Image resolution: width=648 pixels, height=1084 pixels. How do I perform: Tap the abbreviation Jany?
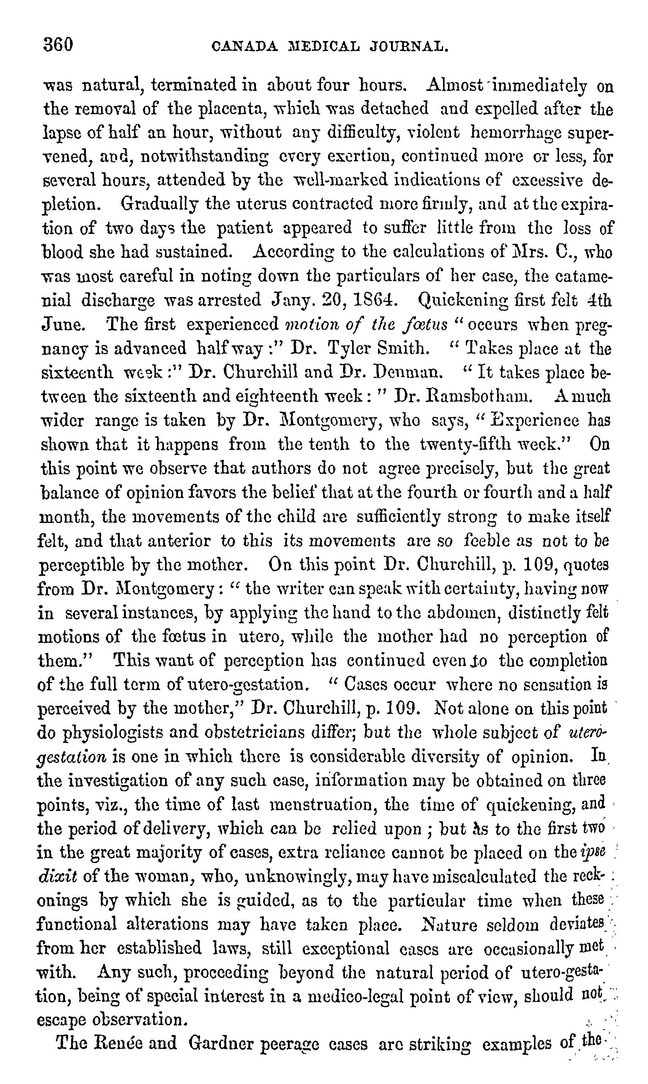(x=292, y=301)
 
